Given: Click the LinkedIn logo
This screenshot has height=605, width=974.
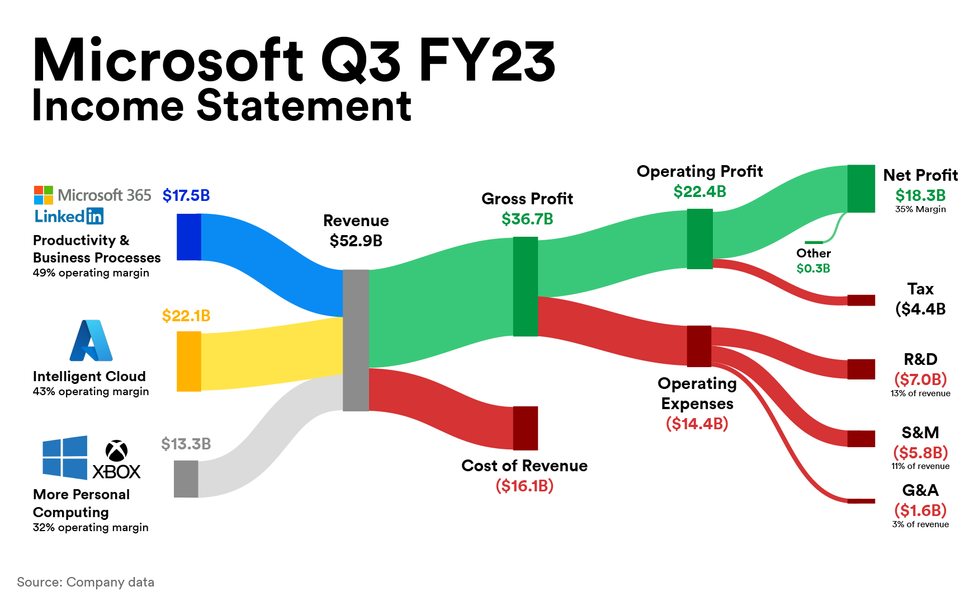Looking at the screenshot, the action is (x=69, y=216).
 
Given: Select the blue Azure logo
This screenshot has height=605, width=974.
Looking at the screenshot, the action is (x=91, y=340).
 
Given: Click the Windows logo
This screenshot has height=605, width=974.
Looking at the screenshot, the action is (x=65, y=458).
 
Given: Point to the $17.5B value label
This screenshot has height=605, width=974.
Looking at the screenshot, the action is (x=186, y=195).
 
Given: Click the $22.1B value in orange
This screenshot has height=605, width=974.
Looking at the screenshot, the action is (x=186, y=316).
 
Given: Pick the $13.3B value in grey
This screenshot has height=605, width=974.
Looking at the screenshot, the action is (x=186, y=444).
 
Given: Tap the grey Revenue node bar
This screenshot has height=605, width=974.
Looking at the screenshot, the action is (x=356, y=340).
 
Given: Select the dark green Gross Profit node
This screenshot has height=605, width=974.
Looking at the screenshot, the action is (x=526, y=287).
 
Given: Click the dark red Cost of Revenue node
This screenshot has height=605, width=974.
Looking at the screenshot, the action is (x=526, y=428).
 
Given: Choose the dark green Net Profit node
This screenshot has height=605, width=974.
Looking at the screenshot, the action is (x=861, y=189).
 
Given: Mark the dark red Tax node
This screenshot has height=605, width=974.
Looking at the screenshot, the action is (x=861, y=300).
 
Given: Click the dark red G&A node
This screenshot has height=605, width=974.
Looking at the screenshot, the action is (x=861, y=501).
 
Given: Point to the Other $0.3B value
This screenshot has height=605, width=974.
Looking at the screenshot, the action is (x=814, y=269).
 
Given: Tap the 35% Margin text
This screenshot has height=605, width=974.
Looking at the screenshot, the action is (x=920, y=209).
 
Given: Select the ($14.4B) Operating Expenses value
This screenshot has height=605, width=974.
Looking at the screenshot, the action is (x=697, y=424).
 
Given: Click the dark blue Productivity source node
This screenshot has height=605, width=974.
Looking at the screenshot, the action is (x=189, y=237).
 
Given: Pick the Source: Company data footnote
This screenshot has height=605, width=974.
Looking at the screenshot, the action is (x=86, y=582).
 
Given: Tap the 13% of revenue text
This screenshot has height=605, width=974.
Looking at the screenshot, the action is (x=920, y=393).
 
